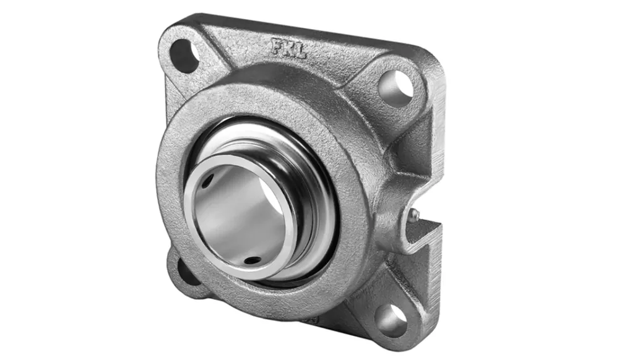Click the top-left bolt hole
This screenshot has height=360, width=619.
184,55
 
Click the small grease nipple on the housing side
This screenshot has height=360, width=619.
413,214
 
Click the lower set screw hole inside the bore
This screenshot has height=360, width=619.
252,260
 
